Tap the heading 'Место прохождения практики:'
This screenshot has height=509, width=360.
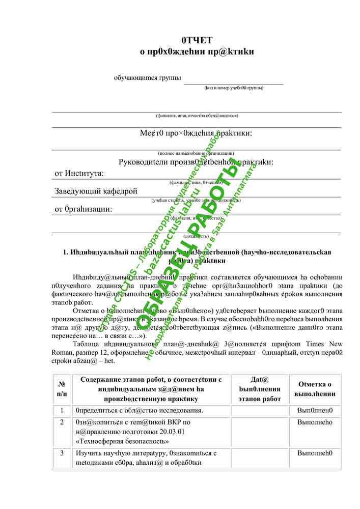pyautogui.click(x=196, y=133)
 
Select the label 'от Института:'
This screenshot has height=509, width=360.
pyautogui.click(x=79, y=174)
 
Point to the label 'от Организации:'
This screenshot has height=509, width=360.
pyautogui.click(x=83, y=209)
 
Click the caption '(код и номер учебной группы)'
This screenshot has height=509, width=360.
pyautogui.click(x=234, y=88)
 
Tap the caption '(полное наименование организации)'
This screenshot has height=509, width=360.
pyautogui.click(x=196, y=153)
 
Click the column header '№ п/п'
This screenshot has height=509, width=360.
pyautogui.click(x=62, y=389)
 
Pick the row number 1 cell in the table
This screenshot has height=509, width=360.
pyautogui.click(x=62, y=411)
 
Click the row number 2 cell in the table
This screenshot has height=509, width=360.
pyautogui.click(x=62, y=422)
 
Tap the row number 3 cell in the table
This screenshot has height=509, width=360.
pyautogui.click(x=62, y=453)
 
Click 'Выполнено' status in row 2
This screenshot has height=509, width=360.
pyautogui.click(x=315, y=422)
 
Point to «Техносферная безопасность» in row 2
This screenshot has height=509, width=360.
pyautogui.click(x=122, y=441)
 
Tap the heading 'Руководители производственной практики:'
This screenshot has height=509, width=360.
pyautogui.click(x=196, y=162)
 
